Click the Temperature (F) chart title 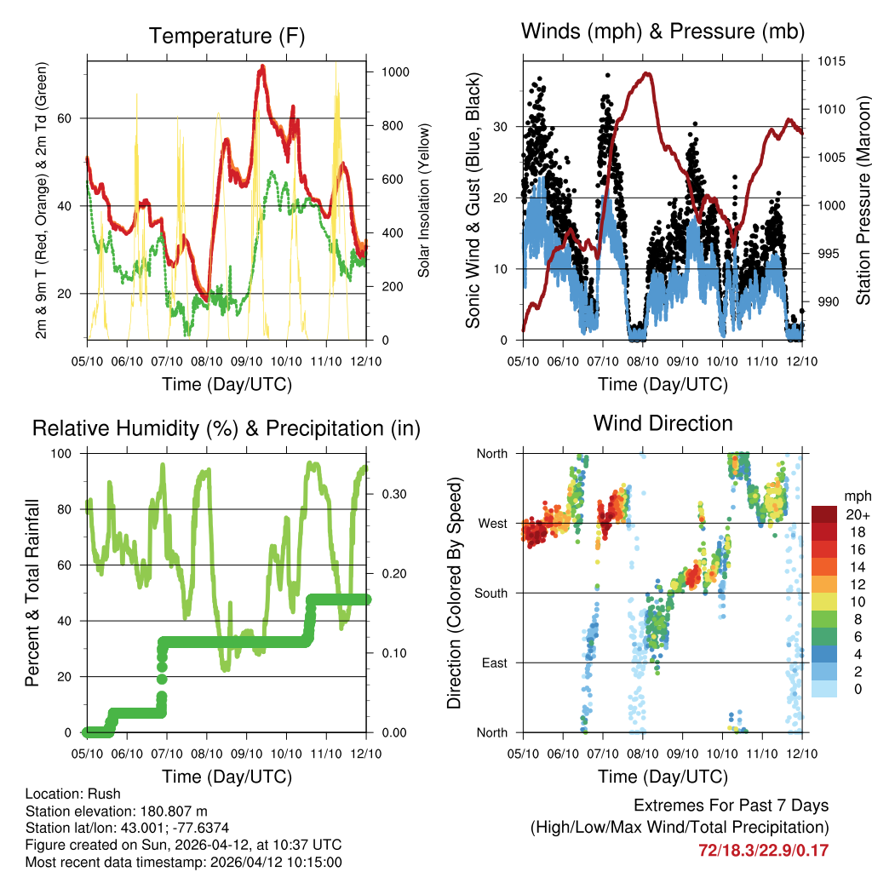226,37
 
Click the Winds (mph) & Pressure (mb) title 663,32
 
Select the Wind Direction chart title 663,423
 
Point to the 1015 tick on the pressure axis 830,61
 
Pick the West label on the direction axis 491,523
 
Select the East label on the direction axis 493,663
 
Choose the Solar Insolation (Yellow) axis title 423,200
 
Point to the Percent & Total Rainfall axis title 32,593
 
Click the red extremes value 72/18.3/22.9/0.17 763,851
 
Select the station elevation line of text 117,812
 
